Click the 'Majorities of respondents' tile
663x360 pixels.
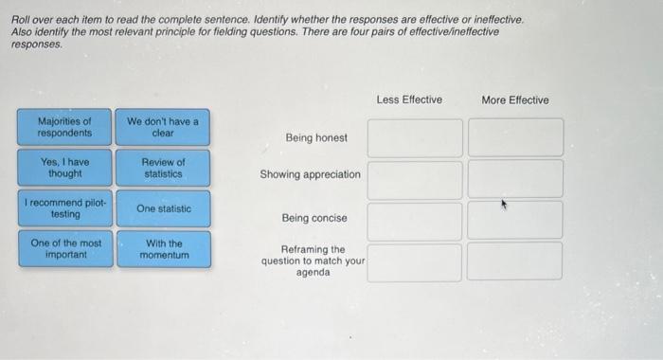pos(64,127)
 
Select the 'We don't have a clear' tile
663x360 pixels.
pos(163,127)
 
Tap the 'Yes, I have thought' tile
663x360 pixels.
pos(64,168)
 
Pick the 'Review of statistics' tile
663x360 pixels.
pos(163,168)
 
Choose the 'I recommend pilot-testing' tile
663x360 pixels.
pos(64,208)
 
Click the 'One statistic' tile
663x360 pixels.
pos(163,208)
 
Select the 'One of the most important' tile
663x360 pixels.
pos(64,249)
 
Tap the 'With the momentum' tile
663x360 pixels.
pos(163,249)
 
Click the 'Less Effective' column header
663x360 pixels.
pos(409,99)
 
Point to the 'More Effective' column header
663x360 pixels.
pos(514,99)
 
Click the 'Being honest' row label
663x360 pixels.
pos(316,138)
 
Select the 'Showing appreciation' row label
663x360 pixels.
pos(311,174)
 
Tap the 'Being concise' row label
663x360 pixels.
pos(314,218)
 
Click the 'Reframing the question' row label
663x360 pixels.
pos(313,261)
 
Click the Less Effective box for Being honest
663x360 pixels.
pos(415,137)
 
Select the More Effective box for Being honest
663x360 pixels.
pos(515,137)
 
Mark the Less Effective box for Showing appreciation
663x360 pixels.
pos(415,179)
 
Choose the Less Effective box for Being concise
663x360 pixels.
pos(415,220)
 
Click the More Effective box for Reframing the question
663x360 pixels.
pos(515,261)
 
